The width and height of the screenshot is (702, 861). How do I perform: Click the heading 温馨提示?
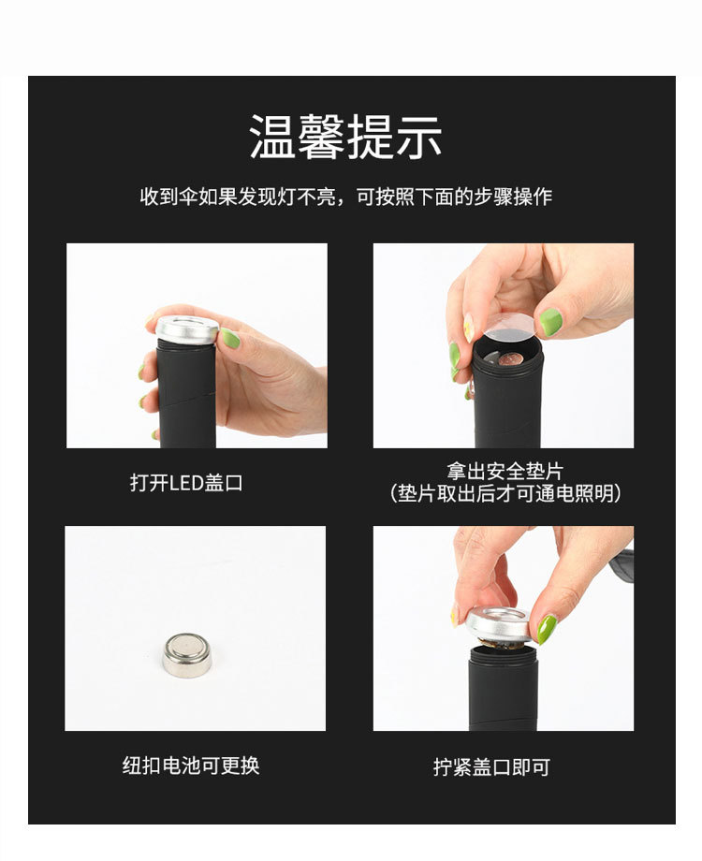pos(345,138)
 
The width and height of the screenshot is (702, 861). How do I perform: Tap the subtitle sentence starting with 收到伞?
pos(345,197)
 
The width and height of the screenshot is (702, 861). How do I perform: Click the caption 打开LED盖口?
pos(186,483)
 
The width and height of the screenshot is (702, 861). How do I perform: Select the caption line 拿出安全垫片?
pos(505,472)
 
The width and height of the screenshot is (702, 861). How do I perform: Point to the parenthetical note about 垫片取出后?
pos(505,494)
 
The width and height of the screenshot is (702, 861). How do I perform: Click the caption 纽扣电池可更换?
pos(191,766)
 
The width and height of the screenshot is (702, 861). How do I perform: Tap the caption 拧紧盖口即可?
pos(491,767)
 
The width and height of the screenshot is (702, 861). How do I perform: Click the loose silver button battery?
pos(186,654)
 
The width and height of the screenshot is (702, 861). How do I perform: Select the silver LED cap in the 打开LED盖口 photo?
pos(186,328)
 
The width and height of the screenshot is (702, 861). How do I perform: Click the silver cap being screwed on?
pos(498,623)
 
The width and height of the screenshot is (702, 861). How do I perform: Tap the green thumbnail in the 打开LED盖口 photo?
pos(230,338)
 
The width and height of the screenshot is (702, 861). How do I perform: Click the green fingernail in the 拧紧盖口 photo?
pos(547,628)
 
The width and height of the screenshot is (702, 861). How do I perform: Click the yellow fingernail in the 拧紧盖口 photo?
pos(455,615)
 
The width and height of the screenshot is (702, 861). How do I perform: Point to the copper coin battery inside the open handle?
pos(509,358)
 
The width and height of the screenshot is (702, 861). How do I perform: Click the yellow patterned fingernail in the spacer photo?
pos(468,328)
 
